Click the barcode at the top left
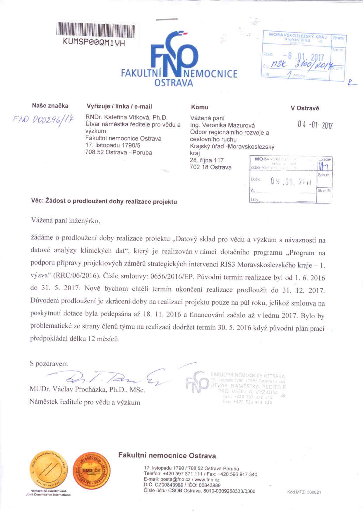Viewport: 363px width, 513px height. [95, 30]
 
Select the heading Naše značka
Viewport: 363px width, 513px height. [50, 106]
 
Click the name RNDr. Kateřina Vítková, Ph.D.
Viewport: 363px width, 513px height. [126, 117]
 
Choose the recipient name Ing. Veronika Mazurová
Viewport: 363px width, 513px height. [222, 126]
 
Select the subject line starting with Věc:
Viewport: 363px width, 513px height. [104, 201]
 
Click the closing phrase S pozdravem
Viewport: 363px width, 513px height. [49, 364]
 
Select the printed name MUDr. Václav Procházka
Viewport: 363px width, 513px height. [87, 390]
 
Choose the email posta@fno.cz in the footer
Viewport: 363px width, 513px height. [174, 480]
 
